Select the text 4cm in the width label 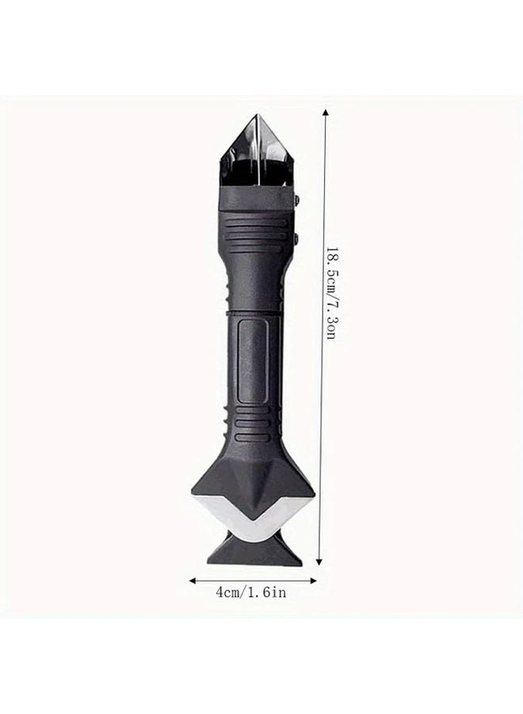(x=229, y=593)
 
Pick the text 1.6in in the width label (x=265, y=593)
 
